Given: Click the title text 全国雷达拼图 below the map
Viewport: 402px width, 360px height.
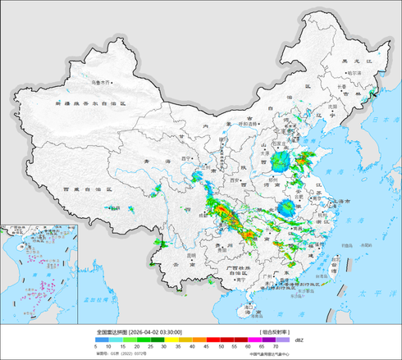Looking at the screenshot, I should pyautogui.click(x=112, y=332).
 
